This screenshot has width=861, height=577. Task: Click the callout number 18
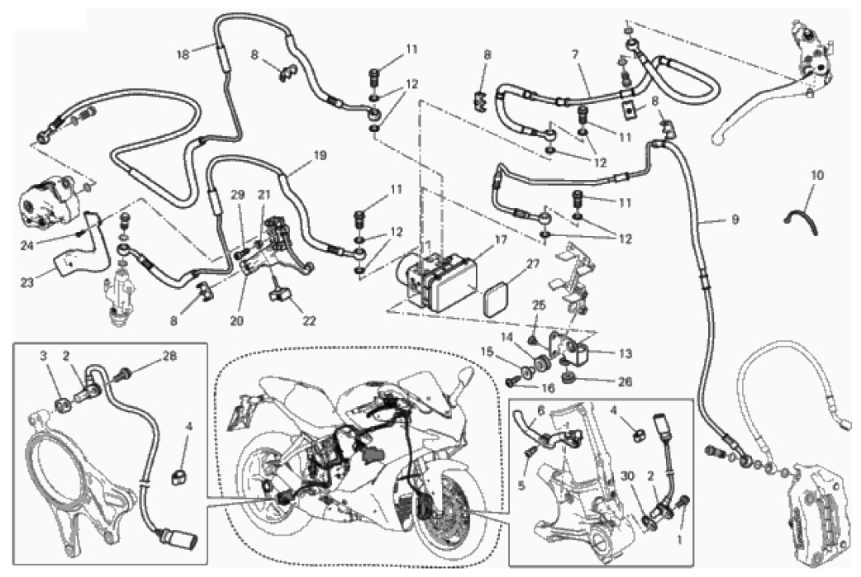(x=183, y=54)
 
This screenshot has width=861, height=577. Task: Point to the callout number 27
(x=532, y=265)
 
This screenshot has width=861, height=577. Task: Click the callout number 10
(x=817, y=175)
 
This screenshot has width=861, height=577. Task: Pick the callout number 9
(x=734, y=220)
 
